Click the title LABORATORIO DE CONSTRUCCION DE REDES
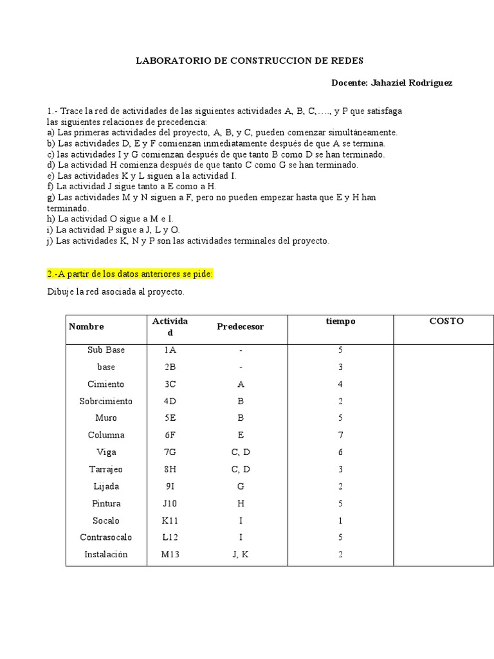[x=250, y=60]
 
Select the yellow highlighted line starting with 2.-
[x=130, y=274]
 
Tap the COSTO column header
[x=446, y=321]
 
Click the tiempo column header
[x=340, y=321]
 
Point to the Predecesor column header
[x=241, y=327]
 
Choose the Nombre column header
[x=86, y=327]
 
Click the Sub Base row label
[x=106, y=350]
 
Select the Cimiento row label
[x=106, y=384]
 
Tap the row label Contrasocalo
[x=106, y=537]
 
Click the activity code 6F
[x=170, y=435]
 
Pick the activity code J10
[x=170, y=503]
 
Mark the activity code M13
[x=170, y=554]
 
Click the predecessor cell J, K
[x=241, y=554]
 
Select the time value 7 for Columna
[x=340, y=435]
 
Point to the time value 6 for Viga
[x=340, y=452]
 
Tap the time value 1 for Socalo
[x=340, y=521]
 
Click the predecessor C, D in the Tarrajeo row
[x=241, y=469]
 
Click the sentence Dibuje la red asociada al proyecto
[x=116, y=292]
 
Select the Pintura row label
[x=106, y=503]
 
